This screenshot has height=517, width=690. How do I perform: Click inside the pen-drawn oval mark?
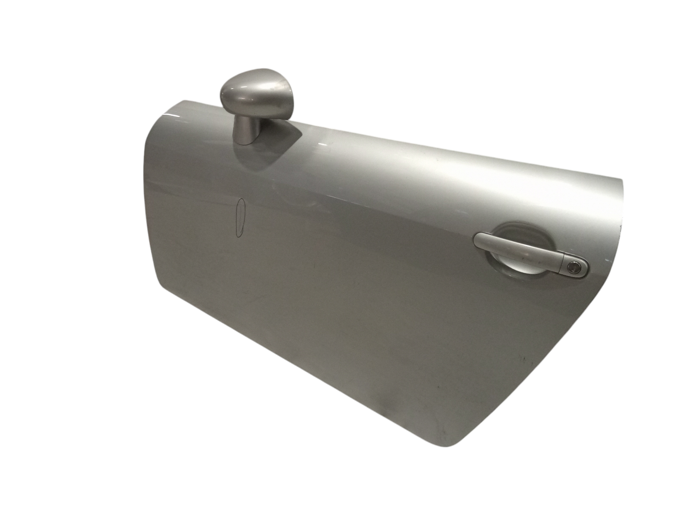click(x=241, y=219)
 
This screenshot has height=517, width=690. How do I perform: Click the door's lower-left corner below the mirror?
click(x=155, y=283)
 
